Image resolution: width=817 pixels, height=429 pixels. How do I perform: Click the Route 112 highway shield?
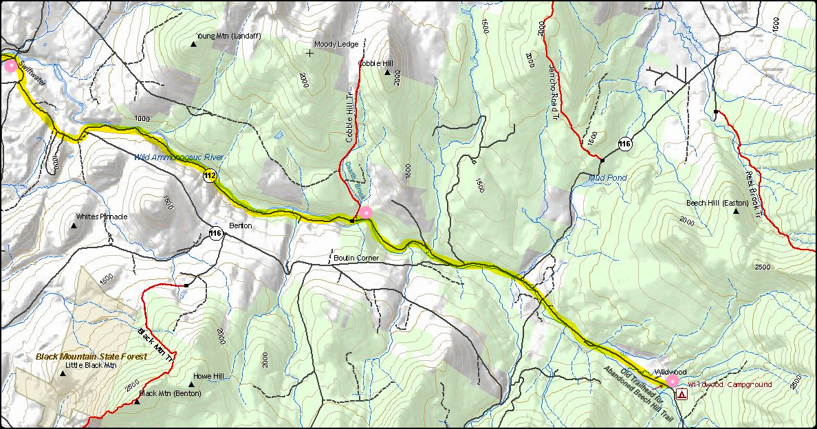[210, 177]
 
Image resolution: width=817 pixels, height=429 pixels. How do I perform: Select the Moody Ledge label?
[336, 44]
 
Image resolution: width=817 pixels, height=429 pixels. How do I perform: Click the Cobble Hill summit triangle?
[387, 72]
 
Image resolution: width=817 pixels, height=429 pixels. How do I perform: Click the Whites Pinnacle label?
[102, 217]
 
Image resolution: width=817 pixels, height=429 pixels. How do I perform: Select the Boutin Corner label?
[356, 258]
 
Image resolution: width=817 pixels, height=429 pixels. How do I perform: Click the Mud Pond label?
[608, 178]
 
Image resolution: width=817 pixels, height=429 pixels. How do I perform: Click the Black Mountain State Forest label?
[91, 357]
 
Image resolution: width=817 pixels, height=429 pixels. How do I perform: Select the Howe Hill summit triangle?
[191, 385]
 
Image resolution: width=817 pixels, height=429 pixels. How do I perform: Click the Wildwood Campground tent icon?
[682, 394]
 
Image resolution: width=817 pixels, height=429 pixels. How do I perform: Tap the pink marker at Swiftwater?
[10, 66]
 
